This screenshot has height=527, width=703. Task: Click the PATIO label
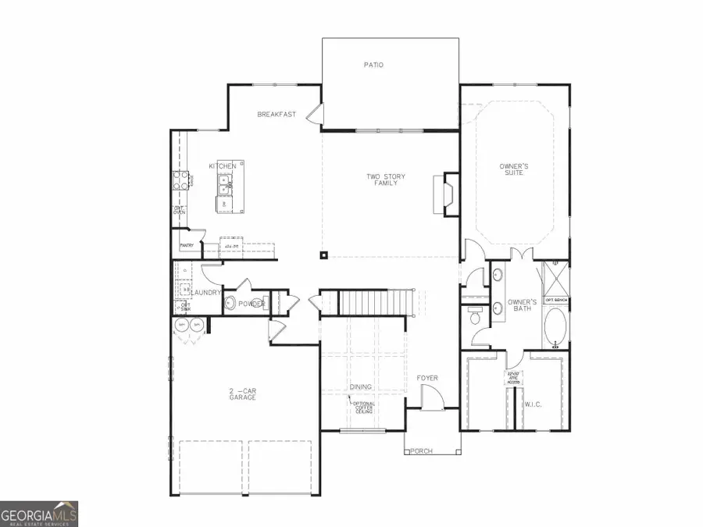click(374, 66)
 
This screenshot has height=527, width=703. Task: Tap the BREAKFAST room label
click(277, 115)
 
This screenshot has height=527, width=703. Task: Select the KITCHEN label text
click(222, 166)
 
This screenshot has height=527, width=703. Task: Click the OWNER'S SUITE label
click(514, 169)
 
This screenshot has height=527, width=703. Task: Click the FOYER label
click(426, 379)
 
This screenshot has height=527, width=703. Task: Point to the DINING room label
click(361, 387)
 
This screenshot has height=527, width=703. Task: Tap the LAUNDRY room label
click(207, 293)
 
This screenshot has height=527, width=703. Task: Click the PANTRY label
click(186, 246)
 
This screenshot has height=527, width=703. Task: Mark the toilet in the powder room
click(232, 303)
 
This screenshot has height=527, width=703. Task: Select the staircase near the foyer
click(375, 301)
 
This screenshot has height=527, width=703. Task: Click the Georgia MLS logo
click(39, 515)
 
